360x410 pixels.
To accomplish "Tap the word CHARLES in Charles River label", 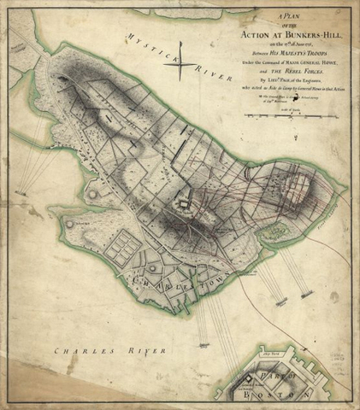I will point(81,350).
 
